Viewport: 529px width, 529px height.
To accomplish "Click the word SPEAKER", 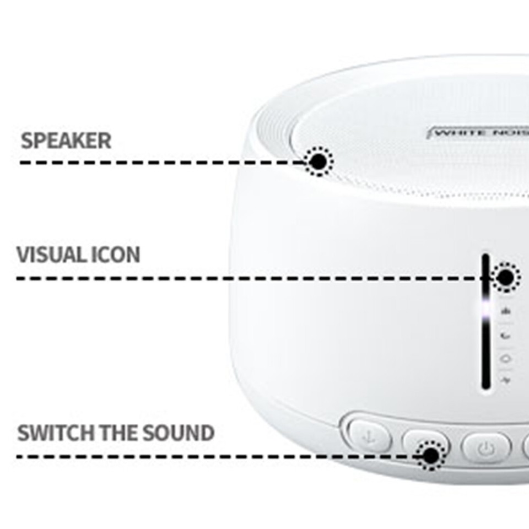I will point(66,141).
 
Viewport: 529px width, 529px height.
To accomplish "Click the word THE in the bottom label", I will point(120,433).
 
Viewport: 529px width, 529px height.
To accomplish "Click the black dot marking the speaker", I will point(318,161).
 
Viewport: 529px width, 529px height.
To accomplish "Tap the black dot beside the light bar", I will point(505,277).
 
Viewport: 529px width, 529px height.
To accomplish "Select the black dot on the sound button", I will point(430,456).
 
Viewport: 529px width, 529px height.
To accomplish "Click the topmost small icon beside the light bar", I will point(505,312).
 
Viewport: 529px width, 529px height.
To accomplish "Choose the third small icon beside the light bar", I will point(505,358).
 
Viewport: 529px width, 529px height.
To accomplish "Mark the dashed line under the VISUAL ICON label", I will point(248,278).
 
